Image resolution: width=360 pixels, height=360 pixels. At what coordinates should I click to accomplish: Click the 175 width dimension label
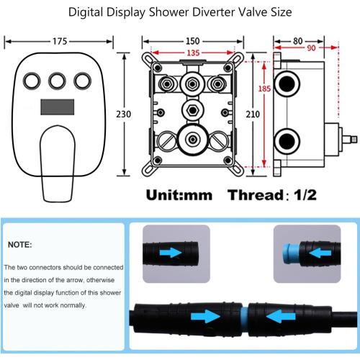click(x=60, y=41)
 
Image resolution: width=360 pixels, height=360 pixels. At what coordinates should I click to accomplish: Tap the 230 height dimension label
click(x=124, y=114)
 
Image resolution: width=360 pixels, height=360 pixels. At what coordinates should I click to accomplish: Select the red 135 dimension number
click(x=193, y=53)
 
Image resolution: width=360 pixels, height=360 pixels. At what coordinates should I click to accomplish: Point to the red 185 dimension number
click(x=264, y=89)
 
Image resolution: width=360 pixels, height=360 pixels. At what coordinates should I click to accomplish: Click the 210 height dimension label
click(x=253, y=114)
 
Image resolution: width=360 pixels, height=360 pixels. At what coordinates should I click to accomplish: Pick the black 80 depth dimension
click(x=297, y=41)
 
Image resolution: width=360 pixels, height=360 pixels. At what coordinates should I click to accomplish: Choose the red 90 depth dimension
click(x=311, y=48)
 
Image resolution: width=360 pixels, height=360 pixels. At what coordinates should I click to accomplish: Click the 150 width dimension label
click(x=193, y=41)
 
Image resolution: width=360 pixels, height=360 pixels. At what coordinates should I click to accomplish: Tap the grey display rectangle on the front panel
click(x=58, y=107)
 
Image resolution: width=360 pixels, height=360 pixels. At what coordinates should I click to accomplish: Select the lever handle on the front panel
click(x=58, y=163)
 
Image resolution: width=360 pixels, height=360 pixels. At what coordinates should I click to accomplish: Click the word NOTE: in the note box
click(x=20, y=245)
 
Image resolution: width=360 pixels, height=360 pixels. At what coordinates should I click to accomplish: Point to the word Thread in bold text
click(x=256, y=195)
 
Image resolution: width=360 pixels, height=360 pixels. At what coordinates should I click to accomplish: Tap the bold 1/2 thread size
click(x=305, y=195)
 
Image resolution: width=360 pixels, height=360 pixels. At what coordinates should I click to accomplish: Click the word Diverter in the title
click(x=213, y=12)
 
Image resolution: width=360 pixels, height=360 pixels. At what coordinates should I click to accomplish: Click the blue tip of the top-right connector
click(x=291, y=254)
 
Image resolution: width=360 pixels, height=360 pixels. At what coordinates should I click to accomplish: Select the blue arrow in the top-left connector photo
click(x=171, y=253)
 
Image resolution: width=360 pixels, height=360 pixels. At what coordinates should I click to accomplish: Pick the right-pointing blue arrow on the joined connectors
click(x=205, y=316)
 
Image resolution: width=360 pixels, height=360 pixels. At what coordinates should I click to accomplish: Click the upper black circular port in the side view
click(x=287, y=84)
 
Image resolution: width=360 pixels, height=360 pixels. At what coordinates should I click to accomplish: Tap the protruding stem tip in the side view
click(x=354, y=139)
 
